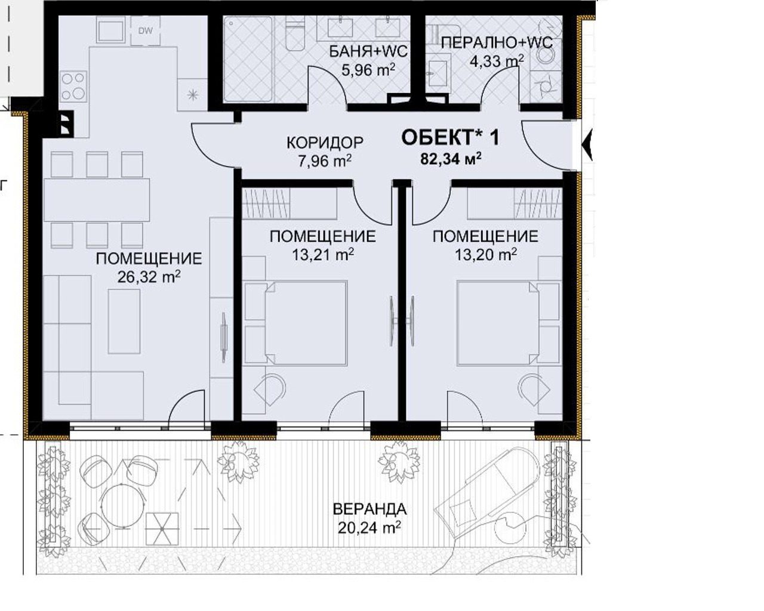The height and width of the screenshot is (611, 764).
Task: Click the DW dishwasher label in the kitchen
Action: tap(145, 31)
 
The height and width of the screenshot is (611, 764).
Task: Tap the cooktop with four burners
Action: tap(73, 85)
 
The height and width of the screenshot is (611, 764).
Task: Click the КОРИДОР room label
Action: tap(325, 143)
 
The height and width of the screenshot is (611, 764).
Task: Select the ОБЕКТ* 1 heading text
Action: tap(450, 137)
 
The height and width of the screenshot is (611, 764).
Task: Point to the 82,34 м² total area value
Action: tap(451, 159)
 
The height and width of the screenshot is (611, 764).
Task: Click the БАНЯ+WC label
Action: tap(368, 52)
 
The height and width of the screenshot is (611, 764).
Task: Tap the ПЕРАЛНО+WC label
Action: tap(497, 44)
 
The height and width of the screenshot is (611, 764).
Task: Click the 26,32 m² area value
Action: tap(149, 277)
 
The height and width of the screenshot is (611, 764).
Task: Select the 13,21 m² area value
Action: tap(323, 255)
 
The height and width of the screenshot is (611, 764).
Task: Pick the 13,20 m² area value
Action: tap(486, 255)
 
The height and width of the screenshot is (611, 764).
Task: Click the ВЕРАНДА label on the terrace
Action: tap(369, 510)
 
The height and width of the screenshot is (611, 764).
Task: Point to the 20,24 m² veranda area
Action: tap(369, 528)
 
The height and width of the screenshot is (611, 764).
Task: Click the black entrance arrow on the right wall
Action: tap(587, 145)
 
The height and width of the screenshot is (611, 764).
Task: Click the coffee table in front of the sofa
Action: tap(124, 321)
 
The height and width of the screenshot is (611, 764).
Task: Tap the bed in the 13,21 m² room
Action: tap(306, 323)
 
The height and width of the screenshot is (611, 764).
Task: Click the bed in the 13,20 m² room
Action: tap(498, 323)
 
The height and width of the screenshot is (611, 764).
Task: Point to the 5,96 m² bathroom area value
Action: tap(368, 70)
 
